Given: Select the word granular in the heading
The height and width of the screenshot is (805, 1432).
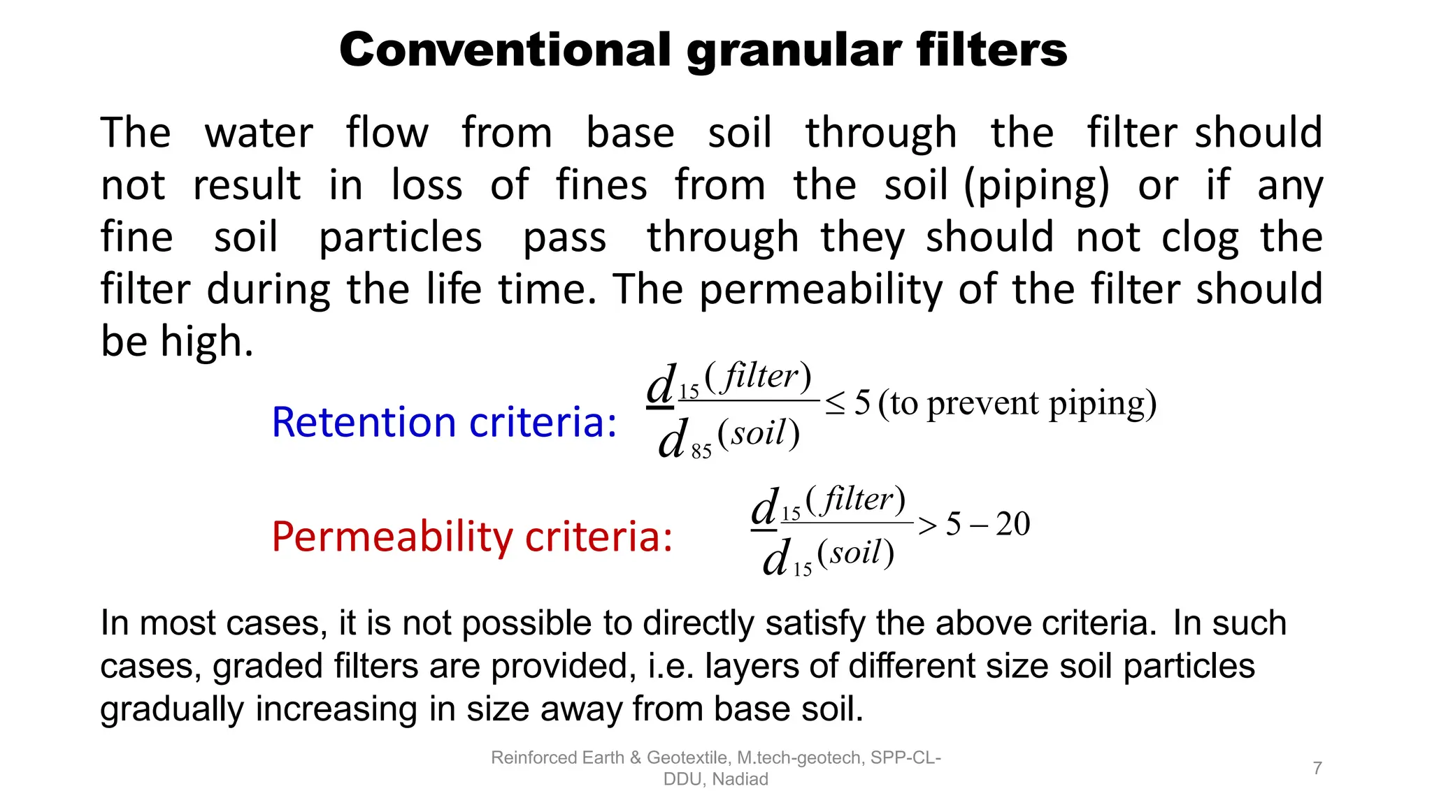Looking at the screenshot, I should click(x=794, y=51).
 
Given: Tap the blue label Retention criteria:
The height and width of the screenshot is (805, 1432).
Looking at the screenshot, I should click(x=444, y=423).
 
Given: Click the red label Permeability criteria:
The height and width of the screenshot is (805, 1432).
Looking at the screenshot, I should click(x=472, y=537).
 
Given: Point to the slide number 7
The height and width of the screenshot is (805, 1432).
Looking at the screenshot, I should click(x=1317, y=768).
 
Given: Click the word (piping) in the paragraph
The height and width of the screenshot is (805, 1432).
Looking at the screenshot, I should click(x=1036, y=186).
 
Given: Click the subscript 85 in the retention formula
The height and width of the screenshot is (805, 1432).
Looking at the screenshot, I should click(x=701, y=452).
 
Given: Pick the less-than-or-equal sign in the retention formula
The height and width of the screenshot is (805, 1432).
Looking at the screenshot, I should click(x=835, y=404).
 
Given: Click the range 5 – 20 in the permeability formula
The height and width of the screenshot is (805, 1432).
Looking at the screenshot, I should click(x=987, y=524).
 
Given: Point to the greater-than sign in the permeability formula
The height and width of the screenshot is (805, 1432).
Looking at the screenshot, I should click(x=928, y=525).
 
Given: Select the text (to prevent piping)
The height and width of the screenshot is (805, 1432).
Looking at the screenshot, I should click(x=1017, y=403).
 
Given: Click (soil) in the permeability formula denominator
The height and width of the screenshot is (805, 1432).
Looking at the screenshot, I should click(x=855, y=553).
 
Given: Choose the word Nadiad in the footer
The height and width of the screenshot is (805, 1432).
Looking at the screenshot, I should click(x=740, y=779).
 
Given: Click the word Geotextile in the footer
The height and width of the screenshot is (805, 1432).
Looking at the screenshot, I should click(x=687, y=757).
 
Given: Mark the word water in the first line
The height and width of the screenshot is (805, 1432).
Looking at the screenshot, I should click(x=259, y=133).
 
